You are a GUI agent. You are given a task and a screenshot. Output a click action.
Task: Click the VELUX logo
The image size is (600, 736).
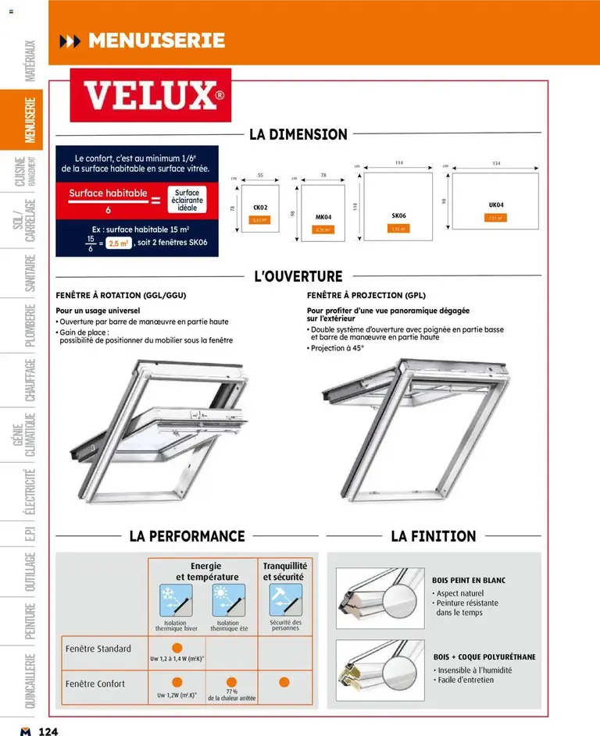(x=151, y=96)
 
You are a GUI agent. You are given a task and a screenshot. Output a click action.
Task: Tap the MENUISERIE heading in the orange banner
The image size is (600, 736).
(x=157, y=41)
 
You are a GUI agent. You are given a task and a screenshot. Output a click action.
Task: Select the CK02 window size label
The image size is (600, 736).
(x=260, y=208)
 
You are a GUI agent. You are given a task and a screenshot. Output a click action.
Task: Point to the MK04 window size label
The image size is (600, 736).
(x=323, y=217)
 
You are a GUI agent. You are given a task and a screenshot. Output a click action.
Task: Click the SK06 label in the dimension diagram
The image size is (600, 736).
(x=398, y=215)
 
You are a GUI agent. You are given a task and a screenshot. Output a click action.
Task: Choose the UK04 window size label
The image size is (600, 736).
(x=495, y=204)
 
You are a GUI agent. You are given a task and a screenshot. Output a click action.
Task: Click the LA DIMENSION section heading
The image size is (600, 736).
(x=298, y=134)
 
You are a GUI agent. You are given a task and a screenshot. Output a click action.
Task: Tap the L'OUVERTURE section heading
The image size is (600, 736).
(x=298, y=276)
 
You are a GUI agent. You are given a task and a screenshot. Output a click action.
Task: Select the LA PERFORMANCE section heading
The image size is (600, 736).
(x=187, y=536)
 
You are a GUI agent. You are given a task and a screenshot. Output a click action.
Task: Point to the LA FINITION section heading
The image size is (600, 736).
(x=433, y=536)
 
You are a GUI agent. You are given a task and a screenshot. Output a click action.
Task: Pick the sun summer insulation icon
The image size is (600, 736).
(x=228, y=601)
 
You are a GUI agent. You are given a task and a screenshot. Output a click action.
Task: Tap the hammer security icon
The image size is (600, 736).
(x=284, y=600)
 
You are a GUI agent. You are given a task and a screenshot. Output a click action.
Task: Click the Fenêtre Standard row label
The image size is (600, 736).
(x=98, y=649)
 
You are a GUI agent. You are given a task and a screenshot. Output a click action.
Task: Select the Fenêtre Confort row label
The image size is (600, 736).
(x=95, y=684)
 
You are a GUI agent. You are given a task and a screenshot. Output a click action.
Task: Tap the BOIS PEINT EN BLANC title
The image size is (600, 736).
(x=469, y=581)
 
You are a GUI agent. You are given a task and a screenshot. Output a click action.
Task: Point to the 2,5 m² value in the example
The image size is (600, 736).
(x=119, y=244)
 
